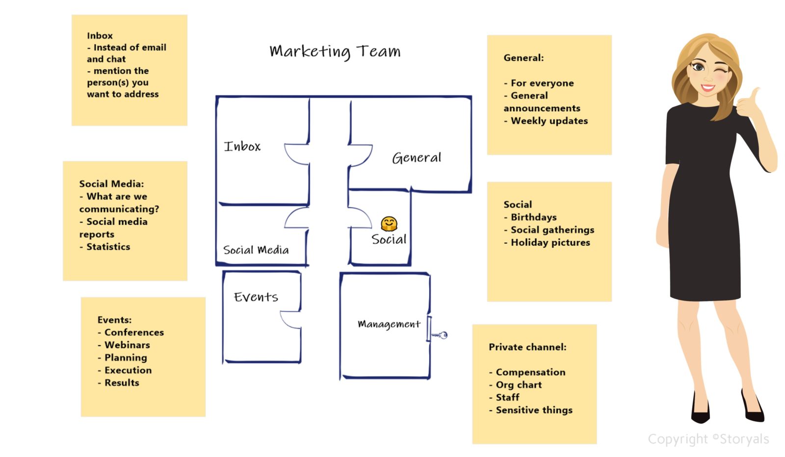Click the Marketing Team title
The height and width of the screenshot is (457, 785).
point(335,51)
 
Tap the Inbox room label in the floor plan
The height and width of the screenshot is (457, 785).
point(242,146)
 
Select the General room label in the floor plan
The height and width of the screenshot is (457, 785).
point(417,158)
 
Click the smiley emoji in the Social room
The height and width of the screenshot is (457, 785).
point(389,224)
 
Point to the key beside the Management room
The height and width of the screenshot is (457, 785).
point(440,335)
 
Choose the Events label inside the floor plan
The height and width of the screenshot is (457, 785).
point(256,297)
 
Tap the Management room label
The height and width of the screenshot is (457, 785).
point(389,324)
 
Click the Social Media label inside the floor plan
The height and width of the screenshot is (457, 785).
point(256,250)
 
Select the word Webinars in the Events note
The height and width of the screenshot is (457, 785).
point(127,345)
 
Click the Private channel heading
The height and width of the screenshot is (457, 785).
point(527,347)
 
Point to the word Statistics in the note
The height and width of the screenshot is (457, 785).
point(108,247)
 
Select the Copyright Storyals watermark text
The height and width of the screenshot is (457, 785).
point(708,439)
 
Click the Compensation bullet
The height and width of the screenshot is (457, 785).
point(530,372)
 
